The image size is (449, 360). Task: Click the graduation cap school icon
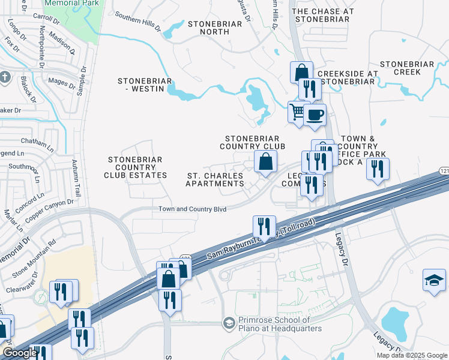pos(434,280)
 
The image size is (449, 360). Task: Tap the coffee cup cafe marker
pos(314,114)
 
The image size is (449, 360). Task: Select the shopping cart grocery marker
pos(297,112)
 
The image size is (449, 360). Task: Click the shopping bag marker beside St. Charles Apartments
pos(265,161)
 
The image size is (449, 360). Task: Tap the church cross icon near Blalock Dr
pos(5,77)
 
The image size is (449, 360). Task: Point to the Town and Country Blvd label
pos(192,209)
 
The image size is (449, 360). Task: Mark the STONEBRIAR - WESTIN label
pos(145,85)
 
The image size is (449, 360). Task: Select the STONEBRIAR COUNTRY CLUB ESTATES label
pos(135,167)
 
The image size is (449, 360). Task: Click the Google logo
pos(20,353)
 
